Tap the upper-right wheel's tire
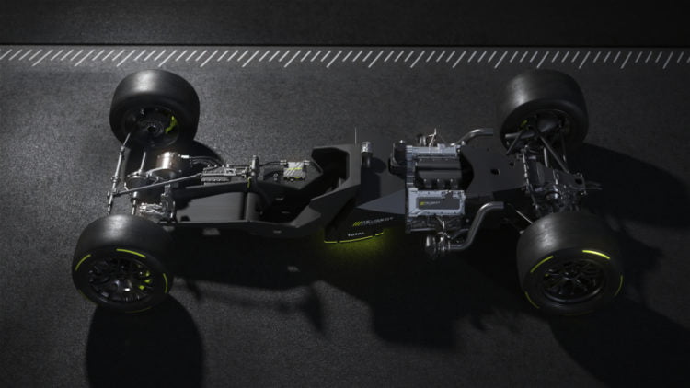click(x=552, y=92)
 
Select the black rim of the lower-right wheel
click(x=570, y=276)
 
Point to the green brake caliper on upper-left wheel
click(x=171, y=122)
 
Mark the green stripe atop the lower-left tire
click(x=130, y=254)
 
